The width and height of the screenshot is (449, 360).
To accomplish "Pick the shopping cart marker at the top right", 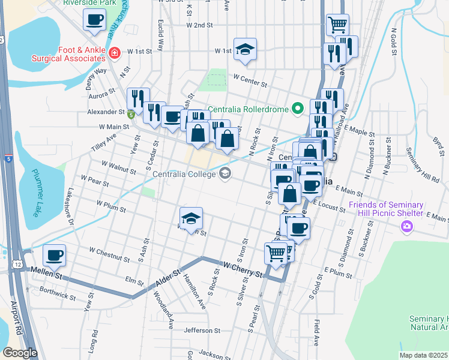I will click(x=337, y=25).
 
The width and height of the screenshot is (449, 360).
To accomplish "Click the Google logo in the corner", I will click(x=20, y=353).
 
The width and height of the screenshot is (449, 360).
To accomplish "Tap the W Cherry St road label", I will click(x=243, y=269).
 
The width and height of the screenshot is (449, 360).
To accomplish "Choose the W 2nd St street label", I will click(x=200, y=25).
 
